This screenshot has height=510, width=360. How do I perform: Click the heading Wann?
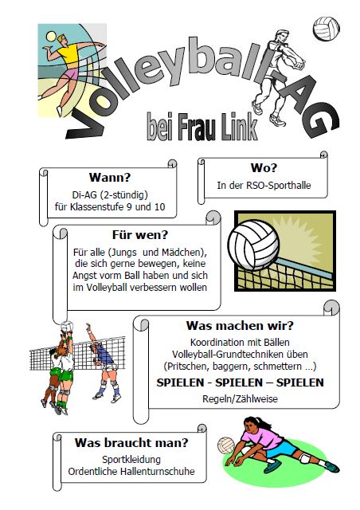(x=110, y=177)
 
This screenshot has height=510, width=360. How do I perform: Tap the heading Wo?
(x=264, y=168)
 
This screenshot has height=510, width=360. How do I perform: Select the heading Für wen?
(x=140, y=234)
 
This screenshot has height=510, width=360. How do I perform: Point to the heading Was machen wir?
(x=240, y=325)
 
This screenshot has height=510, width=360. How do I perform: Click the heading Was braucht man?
(x=131, y=442)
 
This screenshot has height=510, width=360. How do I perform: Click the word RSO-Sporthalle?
(x=279, y=186)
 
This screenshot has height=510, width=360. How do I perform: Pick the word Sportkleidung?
(x=131, y=459)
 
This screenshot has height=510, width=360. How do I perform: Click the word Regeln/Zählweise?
(x=240, y=398)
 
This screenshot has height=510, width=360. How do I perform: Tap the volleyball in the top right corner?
(x=327, y=29)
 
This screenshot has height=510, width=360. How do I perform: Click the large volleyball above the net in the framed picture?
(x=253, y=245)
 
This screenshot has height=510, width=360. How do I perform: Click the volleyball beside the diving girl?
(x=226, y=445)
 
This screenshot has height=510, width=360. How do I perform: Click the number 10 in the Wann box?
(x=159, y=207)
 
